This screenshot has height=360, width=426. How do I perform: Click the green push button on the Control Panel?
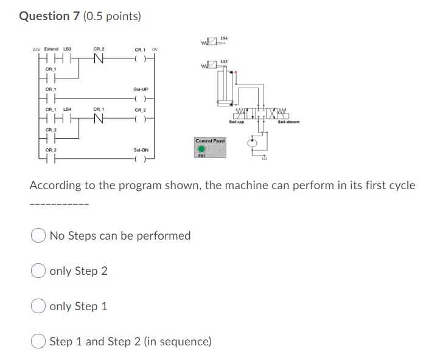click(200, 148)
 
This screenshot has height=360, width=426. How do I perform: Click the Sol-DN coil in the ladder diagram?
click(141, 161)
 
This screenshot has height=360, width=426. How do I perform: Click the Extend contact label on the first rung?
click(51, 49)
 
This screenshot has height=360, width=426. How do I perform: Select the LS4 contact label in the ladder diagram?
click(68, 109)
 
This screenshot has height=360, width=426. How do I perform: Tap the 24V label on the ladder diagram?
click(37, 49)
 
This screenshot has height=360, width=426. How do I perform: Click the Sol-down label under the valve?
click(288, 122)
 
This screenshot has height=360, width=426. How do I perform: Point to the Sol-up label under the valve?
click(236, 122)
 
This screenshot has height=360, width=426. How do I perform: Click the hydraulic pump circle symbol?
click(253, 144)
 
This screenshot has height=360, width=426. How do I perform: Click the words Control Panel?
click(210, 140)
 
